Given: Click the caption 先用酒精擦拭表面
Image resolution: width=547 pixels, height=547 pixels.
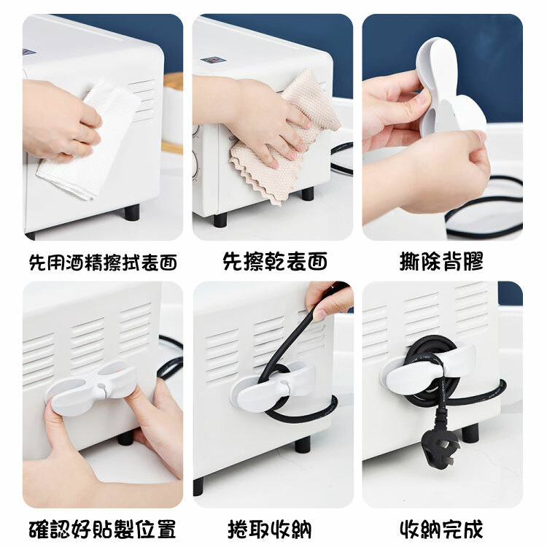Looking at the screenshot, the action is click(x=103, y=262).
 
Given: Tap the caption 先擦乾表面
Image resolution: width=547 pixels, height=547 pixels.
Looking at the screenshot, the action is click(x=275, y=261).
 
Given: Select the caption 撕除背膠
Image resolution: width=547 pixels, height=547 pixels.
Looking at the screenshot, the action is click(x=441, y=261).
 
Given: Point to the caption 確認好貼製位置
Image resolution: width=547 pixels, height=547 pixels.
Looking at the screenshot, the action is click(x=102, y=529).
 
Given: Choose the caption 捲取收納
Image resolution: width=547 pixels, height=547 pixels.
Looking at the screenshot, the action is click(x=270, y=529).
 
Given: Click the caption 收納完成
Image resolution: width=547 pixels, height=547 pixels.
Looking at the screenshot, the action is click(x=441, y=529).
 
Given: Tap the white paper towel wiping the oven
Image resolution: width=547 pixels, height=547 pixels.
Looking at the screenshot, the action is click(x=89, y=139).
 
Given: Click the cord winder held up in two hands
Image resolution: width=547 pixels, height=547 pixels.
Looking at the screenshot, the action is click(x=450, y=85).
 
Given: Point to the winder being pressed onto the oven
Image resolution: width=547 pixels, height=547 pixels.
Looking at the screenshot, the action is click(x=91, y=387).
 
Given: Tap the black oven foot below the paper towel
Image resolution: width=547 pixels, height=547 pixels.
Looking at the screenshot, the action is click(x=132, y=212).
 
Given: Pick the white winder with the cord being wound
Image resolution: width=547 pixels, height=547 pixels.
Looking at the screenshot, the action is click(x=271, y=386).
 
